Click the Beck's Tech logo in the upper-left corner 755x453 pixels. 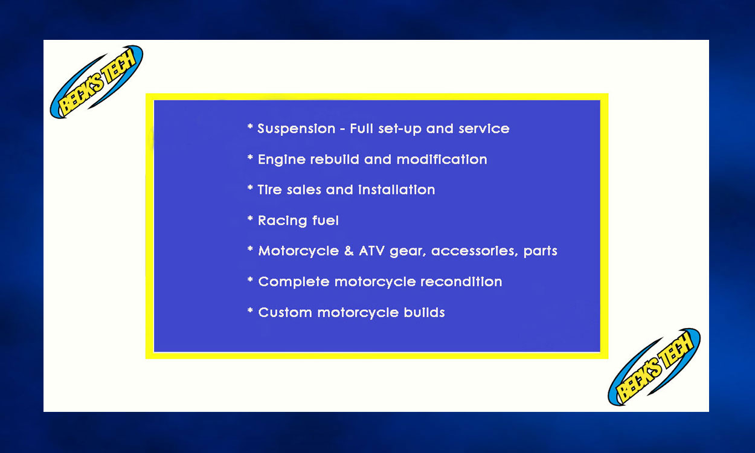pos(97,82)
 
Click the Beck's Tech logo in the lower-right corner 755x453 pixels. pos(654,367)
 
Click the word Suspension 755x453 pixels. pos(297,129)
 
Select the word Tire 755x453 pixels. pos(269,190)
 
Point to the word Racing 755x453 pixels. pos(283,221)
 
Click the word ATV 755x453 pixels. pos(372,251)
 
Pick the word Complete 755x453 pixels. pos(294,282)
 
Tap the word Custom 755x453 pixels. pos(285,312)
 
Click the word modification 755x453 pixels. pos(442,159)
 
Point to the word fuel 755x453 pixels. pos(326,220)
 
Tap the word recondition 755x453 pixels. pos(461,281)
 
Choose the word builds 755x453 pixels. pos(425,312)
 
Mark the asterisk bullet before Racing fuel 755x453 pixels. pos(250,219)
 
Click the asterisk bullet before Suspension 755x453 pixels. pos(250,127)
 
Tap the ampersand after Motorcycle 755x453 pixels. pos(349,251)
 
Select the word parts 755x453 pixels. pos(541,251)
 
